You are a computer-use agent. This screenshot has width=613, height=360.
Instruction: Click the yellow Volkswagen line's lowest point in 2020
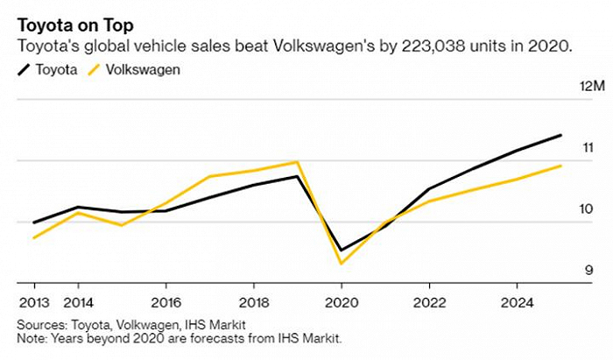(342, 263)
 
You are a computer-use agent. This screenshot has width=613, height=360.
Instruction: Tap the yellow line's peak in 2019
(298, 162)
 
